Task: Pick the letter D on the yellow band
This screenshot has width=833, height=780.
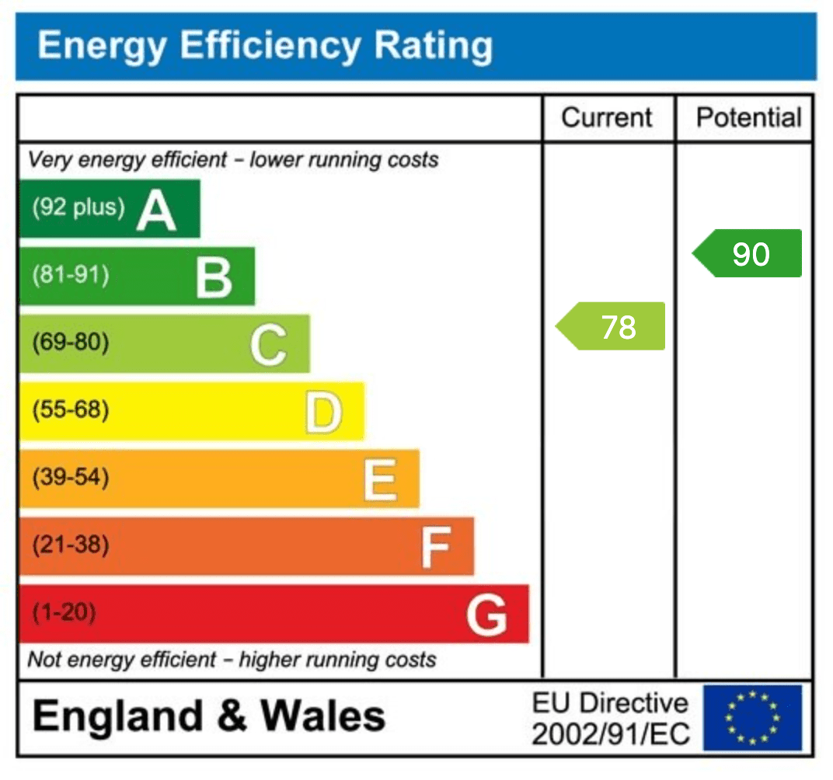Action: tap(322, 412)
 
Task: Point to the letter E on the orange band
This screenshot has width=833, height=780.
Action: tap(380, 479)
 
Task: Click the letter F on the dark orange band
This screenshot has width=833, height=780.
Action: tap(435, 547)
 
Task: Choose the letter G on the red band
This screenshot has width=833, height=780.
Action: tap(487, 615)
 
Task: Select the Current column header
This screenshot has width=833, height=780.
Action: tap(607, 118)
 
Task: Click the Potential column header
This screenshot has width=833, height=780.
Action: tap(748, 118)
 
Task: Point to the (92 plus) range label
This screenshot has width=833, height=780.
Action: tap(78, 207)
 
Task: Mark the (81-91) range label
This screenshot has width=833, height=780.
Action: tap(71, 275)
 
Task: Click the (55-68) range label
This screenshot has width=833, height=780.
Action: tap(71, 409)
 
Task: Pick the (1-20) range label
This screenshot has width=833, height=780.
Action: tap(64, 613)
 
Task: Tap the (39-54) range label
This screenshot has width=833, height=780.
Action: tap(71, 477)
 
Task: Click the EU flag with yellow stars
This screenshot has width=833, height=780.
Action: tap(752, 717)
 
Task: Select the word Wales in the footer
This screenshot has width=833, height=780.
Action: tap(322, 716)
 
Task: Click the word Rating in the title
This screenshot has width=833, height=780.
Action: tap(434, 45)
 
